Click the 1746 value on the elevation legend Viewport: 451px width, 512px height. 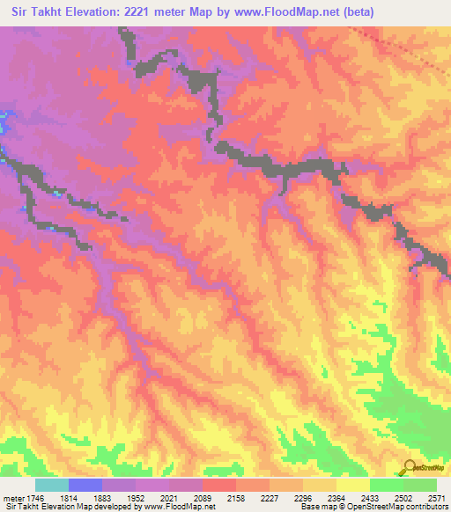pos(32,498)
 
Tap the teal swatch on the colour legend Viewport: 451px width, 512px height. pos(51,486)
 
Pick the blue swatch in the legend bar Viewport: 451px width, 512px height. pos(85,486)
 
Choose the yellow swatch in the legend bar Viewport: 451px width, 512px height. pos(352,486)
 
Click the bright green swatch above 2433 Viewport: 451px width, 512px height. pos(386,486)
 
